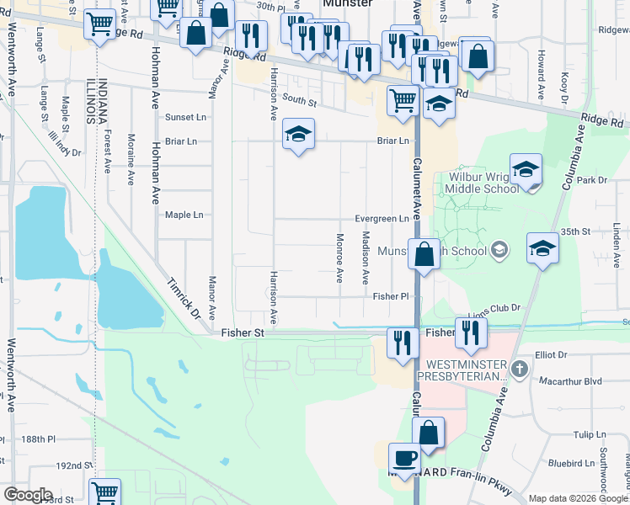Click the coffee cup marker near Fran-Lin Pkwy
tap(404, 459)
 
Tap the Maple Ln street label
tap(184, 215)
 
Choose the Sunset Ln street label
tap(185, 117)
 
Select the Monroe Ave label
tap(339, 257)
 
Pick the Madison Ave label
tap(366, 257)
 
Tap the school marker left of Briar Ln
tap(298, 134)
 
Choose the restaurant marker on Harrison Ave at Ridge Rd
tap(251, 35)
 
